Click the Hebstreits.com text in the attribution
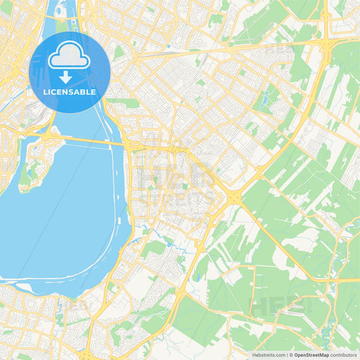point(266,355)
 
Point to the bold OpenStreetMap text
point(312,355)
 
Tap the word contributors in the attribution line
point(343,355)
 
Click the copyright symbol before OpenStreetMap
point(291,355)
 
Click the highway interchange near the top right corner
point(327,42)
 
